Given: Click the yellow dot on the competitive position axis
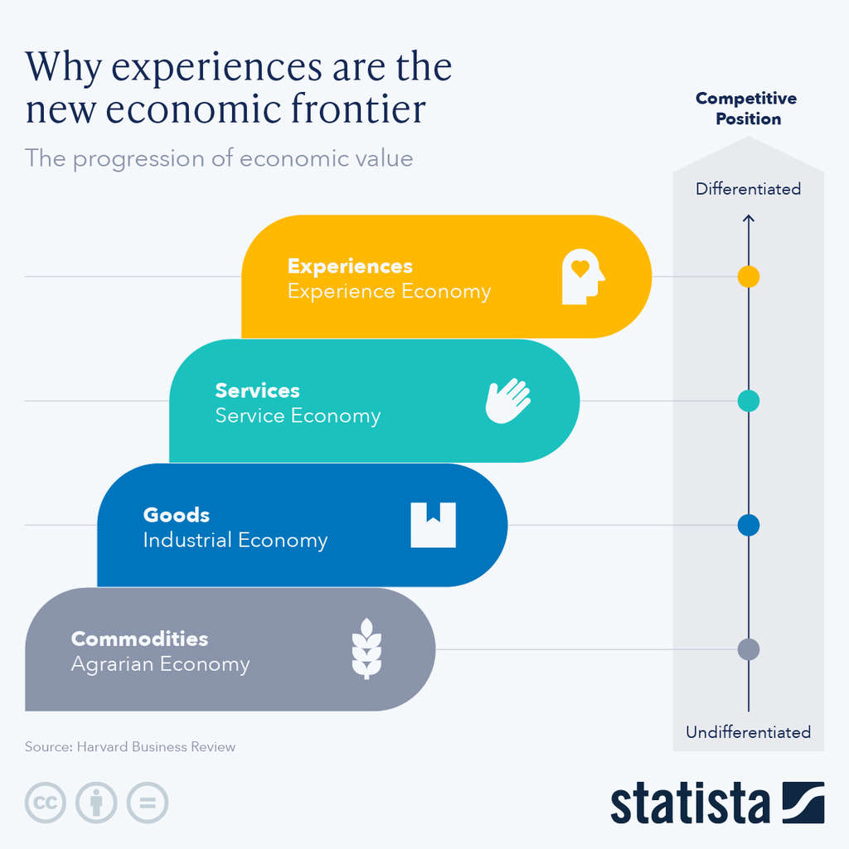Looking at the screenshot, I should click(748, 276).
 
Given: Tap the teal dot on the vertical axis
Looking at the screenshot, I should click(748, 400).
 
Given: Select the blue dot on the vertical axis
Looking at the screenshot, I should click(748, 525).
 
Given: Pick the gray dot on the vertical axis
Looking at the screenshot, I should click(748, 649).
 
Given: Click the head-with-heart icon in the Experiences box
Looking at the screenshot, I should click(584, 277).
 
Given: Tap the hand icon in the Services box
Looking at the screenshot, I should click(507, 401).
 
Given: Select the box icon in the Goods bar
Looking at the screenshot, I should click(433, 525).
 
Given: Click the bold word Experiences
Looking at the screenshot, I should click(350, 266).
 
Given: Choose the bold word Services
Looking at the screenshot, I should click(257, 391).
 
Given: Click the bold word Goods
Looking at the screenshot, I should click(177, 515).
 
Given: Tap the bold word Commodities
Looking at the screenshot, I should click(139, 639).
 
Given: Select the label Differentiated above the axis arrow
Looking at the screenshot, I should click(748, 189).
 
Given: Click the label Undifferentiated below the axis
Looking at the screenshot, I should click(748, 732).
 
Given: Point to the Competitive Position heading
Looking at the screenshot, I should click(746, 109).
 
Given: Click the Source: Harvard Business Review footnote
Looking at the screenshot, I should click(130, 747).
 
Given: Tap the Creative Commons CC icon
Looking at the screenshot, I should click(46, 803).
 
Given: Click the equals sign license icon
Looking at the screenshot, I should click(148, 803).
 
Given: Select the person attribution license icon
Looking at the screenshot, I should click(96, 803).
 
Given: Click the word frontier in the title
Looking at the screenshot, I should click(359, 109).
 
